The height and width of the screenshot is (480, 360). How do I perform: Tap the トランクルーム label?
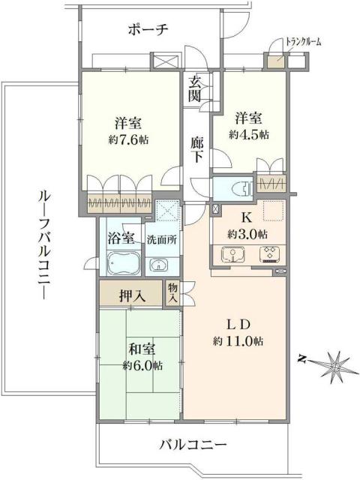[302, 42]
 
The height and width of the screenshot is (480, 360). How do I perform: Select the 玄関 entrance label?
[194, 89]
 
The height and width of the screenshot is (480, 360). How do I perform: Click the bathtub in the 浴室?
[121, 263]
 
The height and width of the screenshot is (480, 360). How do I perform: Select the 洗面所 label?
[160, 240]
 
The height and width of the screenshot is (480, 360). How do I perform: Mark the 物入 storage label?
[172, 292]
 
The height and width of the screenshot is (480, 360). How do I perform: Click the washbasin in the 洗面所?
[158, 265]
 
